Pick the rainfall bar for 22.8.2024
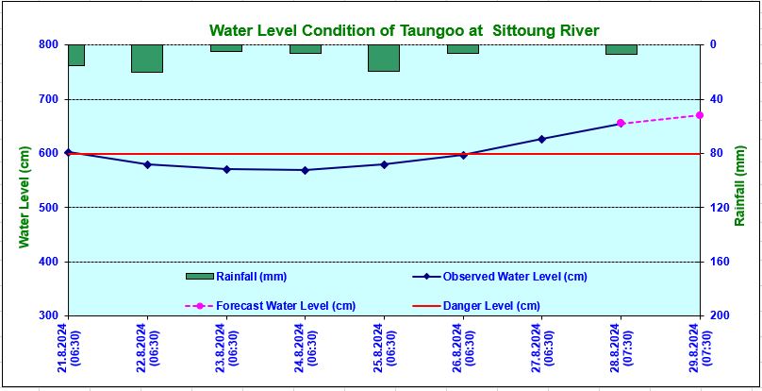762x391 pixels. [147, 58]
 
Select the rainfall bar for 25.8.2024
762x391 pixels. [384, 58]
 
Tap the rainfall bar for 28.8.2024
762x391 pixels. [621, 49]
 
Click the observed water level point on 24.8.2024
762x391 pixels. [305, 170]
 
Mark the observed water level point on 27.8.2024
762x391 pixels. [541, 139]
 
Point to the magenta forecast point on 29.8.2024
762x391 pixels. [699, 115]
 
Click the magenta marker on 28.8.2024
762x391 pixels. [621, 124]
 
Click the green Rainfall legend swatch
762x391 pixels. [200, 277]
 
